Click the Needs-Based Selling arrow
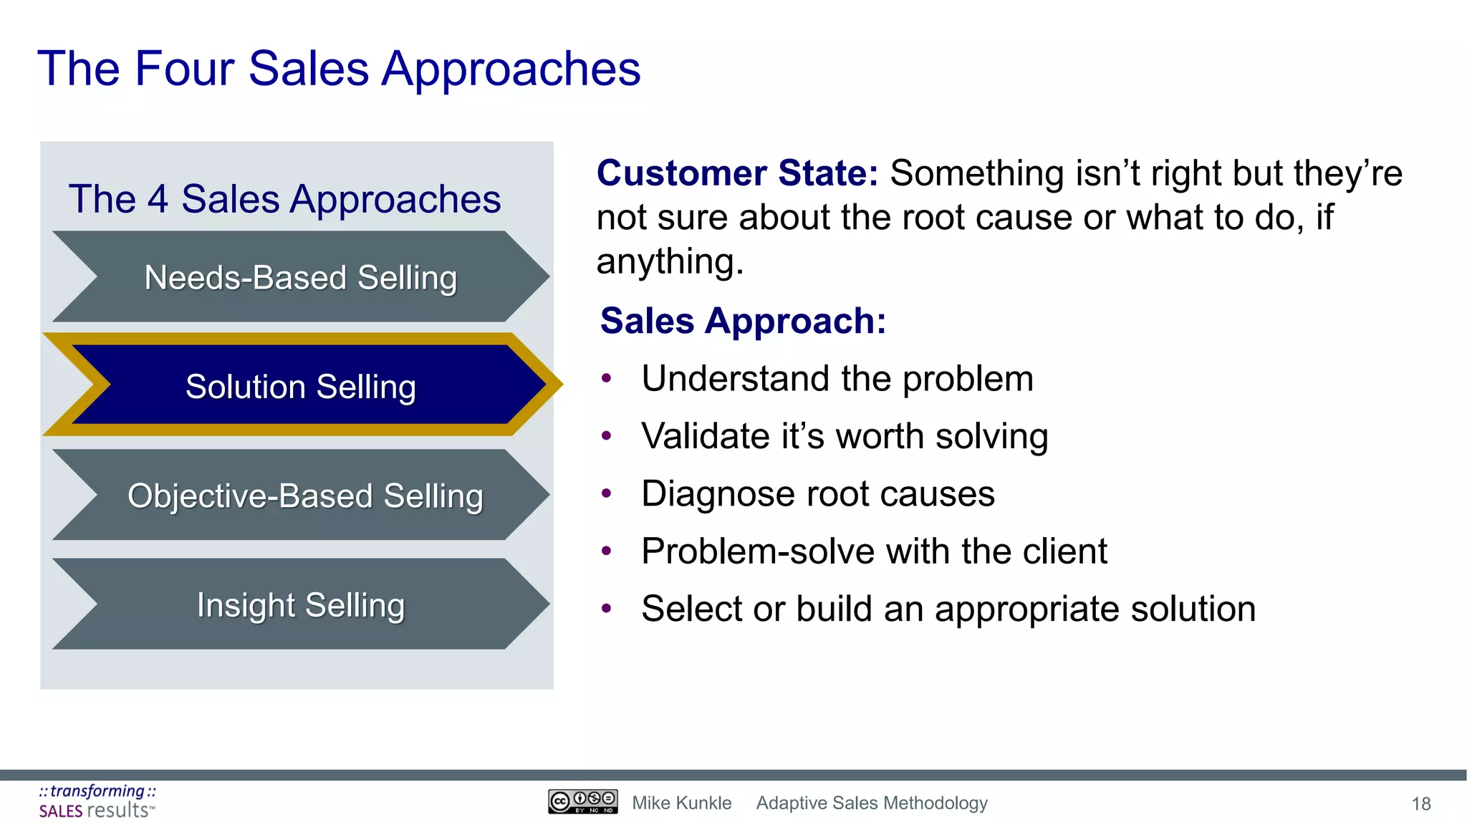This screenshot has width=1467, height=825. [301, 277]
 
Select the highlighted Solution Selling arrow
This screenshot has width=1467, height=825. [301, 386]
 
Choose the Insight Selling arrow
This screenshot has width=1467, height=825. [301, 605]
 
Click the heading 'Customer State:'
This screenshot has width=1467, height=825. [737, 173]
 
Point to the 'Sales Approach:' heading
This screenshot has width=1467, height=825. [743, 320]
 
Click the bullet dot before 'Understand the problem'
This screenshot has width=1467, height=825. [607, 379]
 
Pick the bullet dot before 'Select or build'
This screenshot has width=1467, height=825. [607, 609]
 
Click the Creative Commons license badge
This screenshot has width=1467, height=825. [582, 801]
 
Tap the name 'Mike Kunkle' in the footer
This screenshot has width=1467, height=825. [681, 803]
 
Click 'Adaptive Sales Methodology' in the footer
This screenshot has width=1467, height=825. [872, 803]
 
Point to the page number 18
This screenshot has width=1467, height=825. [1420, 804]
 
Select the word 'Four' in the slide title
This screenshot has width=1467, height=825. [185, 69]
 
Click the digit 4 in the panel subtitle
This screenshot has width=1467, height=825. [158, 199]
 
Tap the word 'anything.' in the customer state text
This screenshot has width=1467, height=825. [670, 261]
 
